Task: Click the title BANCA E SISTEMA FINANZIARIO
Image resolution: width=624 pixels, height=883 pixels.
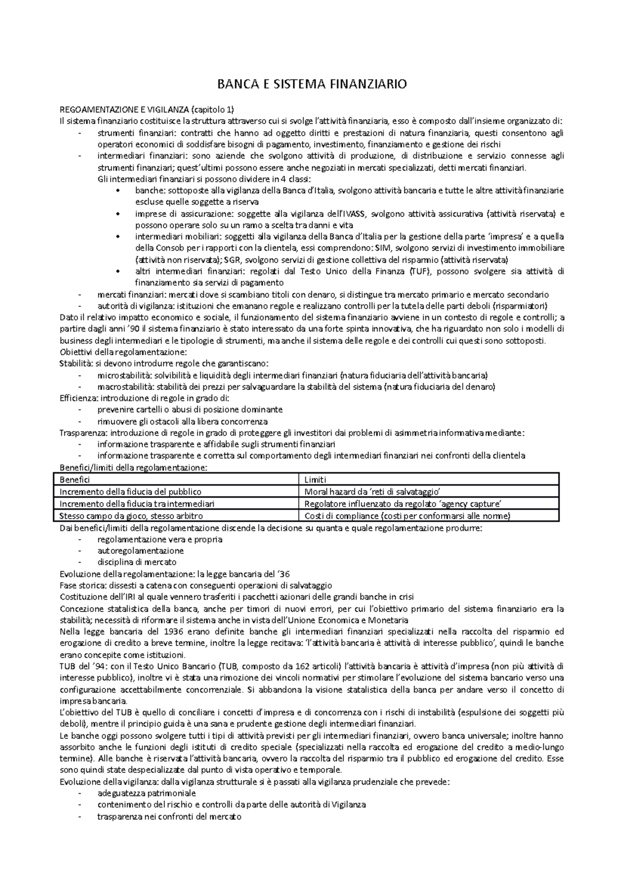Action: pos(311,84)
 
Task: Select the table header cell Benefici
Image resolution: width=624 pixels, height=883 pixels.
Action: pos(75,480)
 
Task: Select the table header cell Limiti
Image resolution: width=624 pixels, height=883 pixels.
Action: pos(315,480)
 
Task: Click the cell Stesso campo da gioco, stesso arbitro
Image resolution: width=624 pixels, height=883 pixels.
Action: pos(131,516)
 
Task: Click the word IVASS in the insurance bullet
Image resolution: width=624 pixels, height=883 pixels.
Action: pos(355,214)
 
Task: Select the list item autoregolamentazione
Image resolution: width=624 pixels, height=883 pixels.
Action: pos(140,550)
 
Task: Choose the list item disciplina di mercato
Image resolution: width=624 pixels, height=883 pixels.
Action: pos(137,562)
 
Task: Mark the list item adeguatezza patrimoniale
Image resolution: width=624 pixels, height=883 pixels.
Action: pos(147,793)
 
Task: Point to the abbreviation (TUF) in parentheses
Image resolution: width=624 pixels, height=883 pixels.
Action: pos(420,271)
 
